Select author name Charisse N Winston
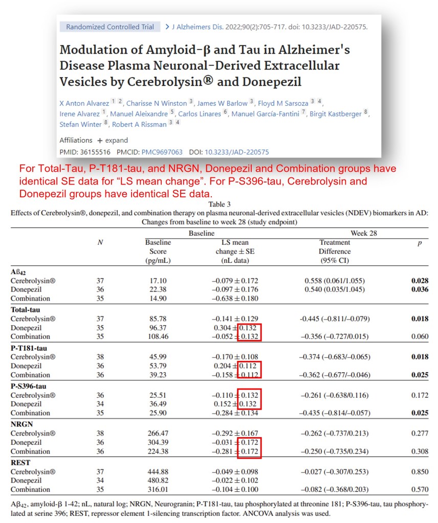[x=157, y=103]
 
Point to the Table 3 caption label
[x=218, y=204]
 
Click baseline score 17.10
[x=158, y=281]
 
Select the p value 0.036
[x=419, y=289]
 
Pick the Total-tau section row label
[x=27, y=310]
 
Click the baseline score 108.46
[x=158, y=336]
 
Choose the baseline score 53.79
[x=158, y=366]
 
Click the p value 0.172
[x=419, y=395]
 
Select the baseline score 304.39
[x=158, y=442]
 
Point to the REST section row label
[x=20, y=463]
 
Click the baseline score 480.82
[x=158, y=481]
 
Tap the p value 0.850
[x=419, y=472]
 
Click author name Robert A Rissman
[x=139, y=124]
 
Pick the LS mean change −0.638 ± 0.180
[x=235, y=298]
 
